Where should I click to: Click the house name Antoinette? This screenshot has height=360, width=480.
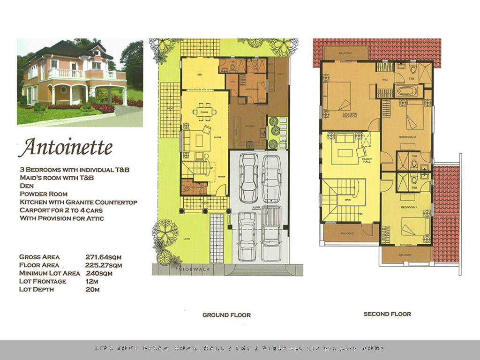[65, 147]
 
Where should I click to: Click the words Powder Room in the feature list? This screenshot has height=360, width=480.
[44, 194]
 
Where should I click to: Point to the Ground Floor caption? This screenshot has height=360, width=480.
[226, 315]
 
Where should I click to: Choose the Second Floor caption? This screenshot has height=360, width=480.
[387, 314]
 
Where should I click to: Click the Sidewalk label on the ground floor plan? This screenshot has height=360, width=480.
[195, 270]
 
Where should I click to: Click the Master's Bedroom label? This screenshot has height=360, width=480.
[350, 115]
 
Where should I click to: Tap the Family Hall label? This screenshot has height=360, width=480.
[367, 161]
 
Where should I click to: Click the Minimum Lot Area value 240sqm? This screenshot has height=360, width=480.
[99, 273]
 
